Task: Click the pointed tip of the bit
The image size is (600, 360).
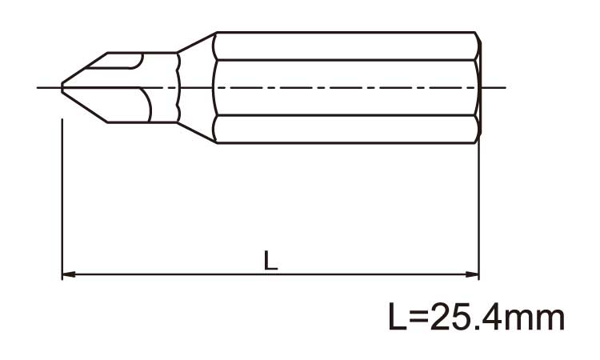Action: [63, 86]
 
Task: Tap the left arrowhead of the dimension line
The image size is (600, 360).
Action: [68, 274]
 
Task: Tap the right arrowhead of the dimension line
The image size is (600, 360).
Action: [473, 274]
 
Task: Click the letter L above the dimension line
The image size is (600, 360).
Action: [271, 262]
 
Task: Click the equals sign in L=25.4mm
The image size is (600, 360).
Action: [421, 318]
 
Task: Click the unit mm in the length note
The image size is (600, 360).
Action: [537, 320]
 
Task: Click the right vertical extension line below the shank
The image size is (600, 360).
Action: [478, 208]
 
